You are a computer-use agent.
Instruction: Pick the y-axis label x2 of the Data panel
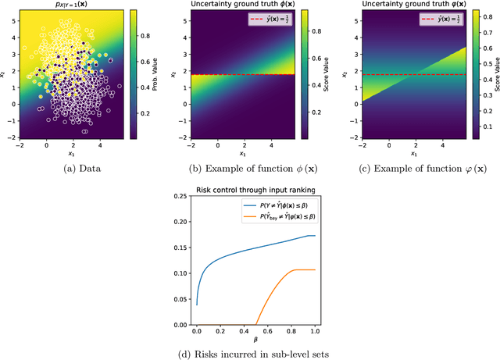5,76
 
